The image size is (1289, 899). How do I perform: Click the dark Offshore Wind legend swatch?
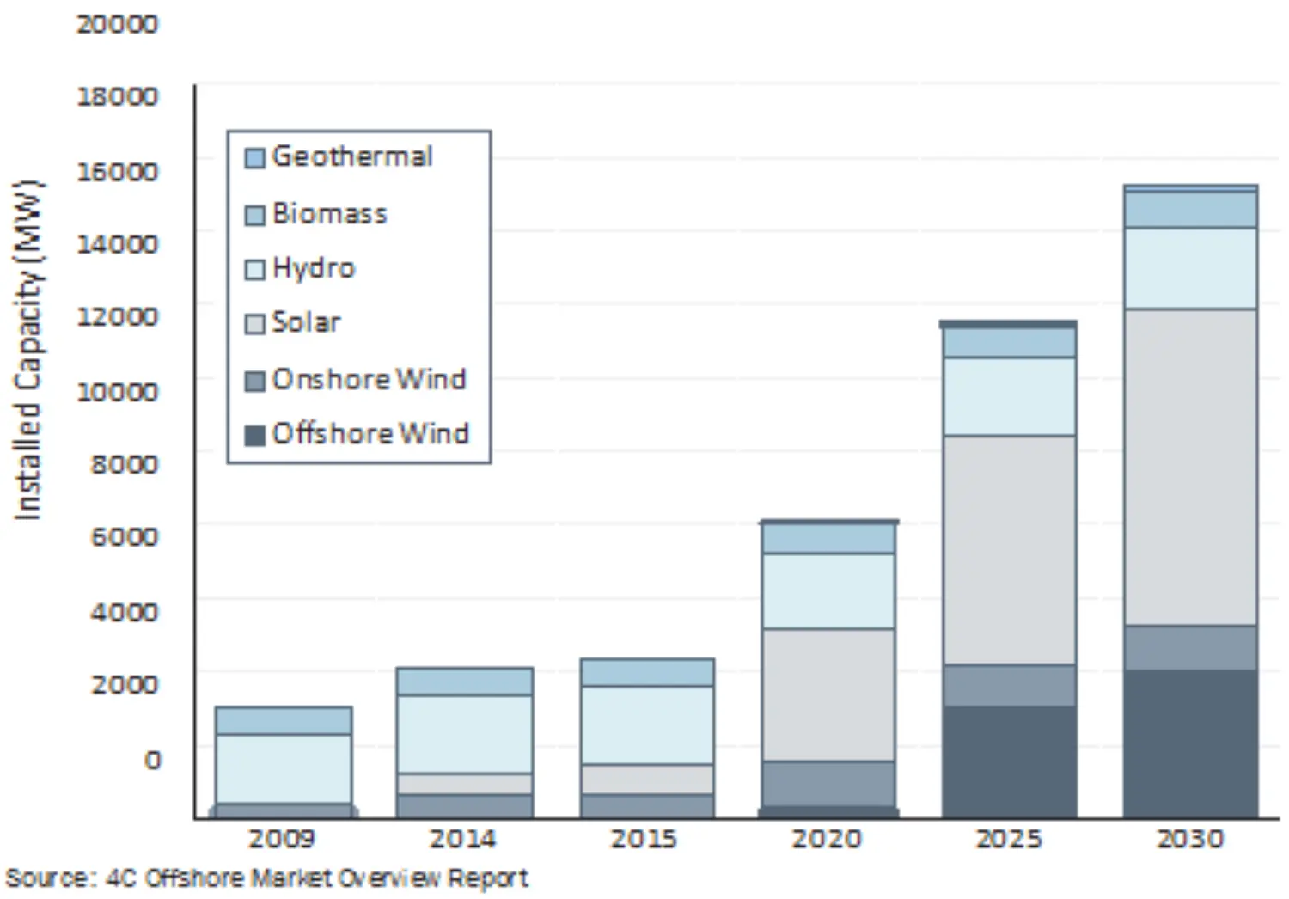(x=254, y=435)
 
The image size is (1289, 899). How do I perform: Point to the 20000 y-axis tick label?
(x=117, y=24)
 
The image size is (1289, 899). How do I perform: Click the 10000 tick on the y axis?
(x=117, y=392)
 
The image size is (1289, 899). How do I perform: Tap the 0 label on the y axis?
(x=151, y=760)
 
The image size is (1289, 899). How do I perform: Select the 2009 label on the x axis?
(x=282, y=839)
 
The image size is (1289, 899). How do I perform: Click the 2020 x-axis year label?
(x=827, y=839)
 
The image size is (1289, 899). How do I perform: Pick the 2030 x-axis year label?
(x=1189, y=839)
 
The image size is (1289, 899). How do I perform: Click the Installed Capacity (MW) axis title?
(x=27, y=351)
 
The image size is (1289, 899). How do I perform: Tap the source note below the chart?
(x=266, y=878)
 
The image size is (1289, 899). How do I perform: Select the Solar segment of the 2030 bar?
(x=1190, y=467)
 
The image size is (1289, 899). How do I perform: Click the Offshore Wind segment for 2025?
(x=1009, y=761)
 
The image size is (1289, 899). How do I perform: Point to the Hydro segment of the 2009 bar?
(x=283, y=768)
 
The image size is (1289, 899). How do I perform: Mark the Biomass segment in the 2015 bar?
(x=647, y=672)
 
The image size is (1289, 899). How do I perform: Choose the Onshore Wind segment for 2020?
(x=828, y=783)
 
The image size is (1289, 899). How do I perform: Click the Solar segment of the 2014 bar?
(x=464, y=784)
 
